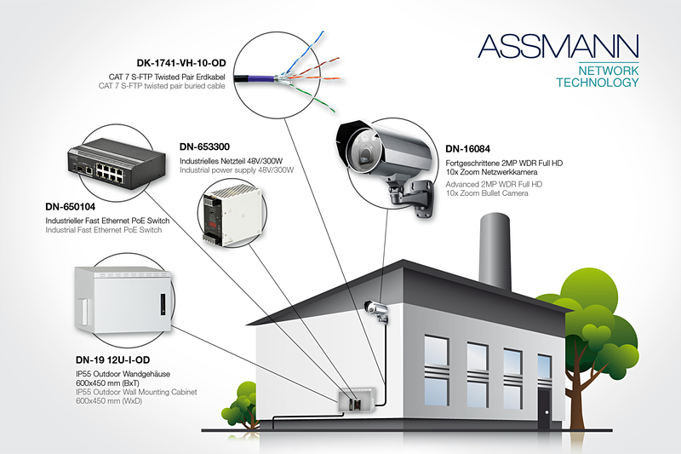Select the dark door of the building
pos(545,405)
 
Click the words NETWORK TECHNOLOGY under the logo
pos(597,77)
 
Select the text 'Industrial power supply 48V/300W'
pos(236,170)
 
